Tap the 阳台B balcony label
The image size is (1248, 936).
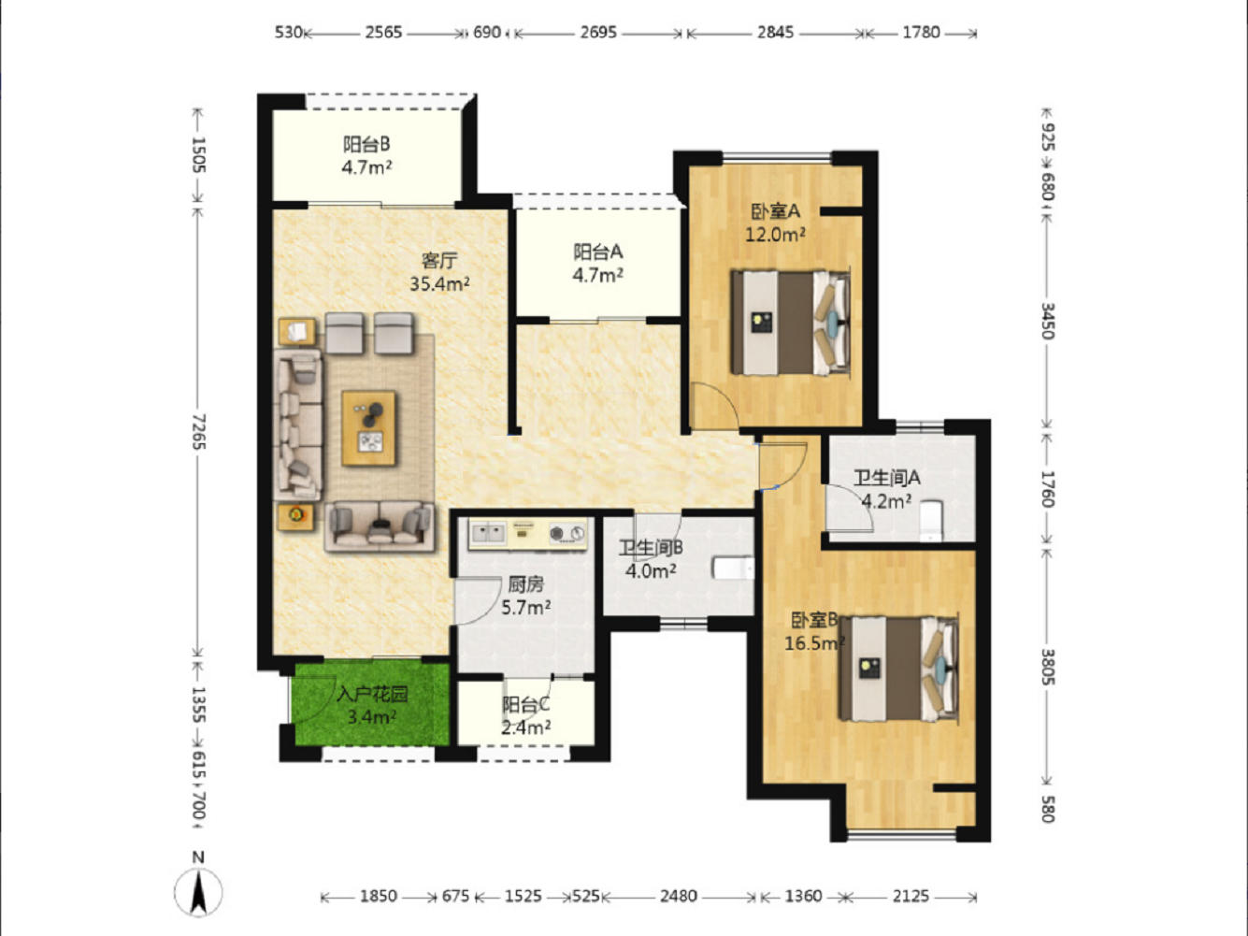coord(366,144)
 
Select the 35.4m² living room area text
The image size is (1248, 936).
coord(439,283)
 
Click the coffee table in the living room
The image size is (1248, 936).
coord(368,427)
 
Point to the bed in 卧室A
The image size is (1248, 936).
coord(791,323)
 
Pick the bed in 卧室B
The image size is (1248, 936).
coord(899,669)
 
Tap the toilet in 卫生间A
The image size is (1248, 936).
coord(931,520)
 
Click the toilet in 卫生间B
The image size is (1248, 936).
coord(734,569)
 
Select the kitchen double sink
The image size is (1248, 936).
coord(488,533)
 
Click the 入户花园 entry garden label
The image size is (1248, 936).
coord(372,695)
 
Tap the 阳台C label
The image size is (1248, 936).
coord(525,704)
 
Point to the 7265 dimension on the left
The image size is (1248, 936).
coord(199,432)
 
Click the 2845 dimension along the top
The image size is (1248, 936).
coord(775,33)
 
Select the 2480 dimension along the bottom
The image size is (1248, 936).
coord(679,896)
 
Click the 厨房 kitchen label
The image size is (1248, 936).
coord(525,584)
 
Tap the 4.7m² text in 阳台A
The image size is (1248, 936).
coord(597,275)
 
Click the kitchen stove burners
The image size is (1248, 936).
coord(567,533)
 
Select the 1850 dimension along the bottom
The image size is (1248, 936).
coord(378,896)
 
